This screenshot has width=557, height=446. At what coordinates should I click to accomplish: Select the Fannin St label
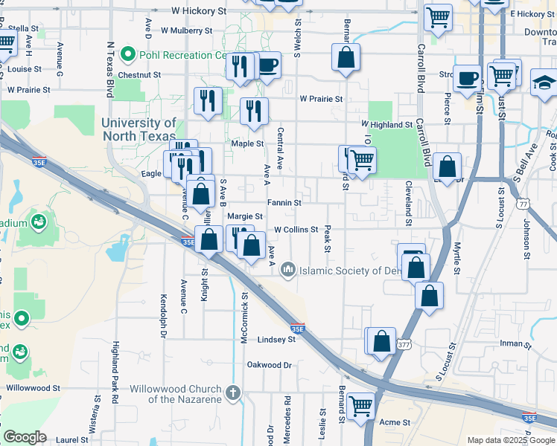pos(284,202)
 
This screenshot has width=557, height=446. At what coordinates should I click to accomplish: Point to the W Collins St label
pos(296,230)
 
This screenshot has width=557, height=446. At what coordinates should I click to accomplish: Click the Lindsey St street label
pos(276,339)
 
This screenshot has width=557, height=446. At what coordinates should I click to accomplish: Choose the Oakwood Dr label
pos(270,365)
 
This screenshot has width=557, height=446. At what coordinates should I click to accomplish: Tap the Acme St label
pos(395,422)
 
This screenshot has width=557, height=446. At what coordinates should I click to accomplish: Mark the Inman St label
pos(515,343)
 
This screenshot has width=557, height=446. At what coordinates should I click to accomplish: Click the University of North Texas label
pos(139,129)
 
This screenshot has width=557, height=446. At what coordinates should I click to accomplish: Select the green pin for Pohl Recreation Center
pos(128,54)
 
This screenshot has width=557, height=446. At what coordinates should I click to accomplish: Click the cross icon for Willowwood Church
pos(232,392)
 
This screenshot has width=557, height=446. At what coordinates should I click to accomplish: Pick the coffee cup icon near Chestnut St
pos(268,65)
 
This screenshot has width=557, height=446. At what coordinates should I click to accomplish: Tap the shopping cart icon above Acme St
pos(361,406)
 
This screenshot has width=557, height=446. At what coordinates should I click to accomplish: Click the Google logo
pos(25,438)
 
